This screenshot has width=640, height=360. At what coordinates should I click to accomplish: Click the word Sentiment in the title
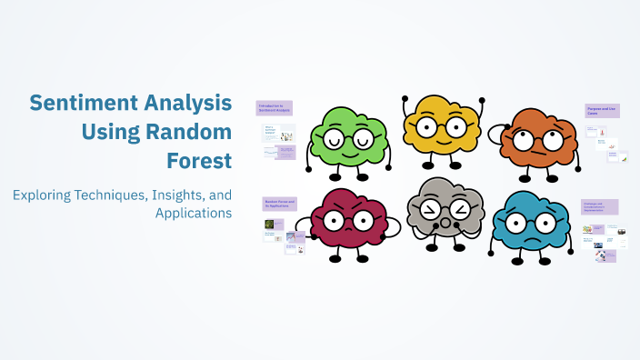(x=76, y=102)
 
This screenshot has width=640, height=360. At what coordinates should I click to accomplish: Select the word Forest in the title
(x=199, y=161)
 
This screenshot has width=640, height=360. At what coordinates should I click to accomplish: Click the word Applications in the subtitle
(x=194, y=213)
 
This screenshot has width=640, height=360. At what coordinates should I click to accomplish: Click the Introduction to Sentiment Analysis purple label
(x=274, y=108)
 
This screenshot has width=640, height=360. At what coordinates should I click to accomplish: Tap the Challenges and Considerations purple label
(x=600, y=207)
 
